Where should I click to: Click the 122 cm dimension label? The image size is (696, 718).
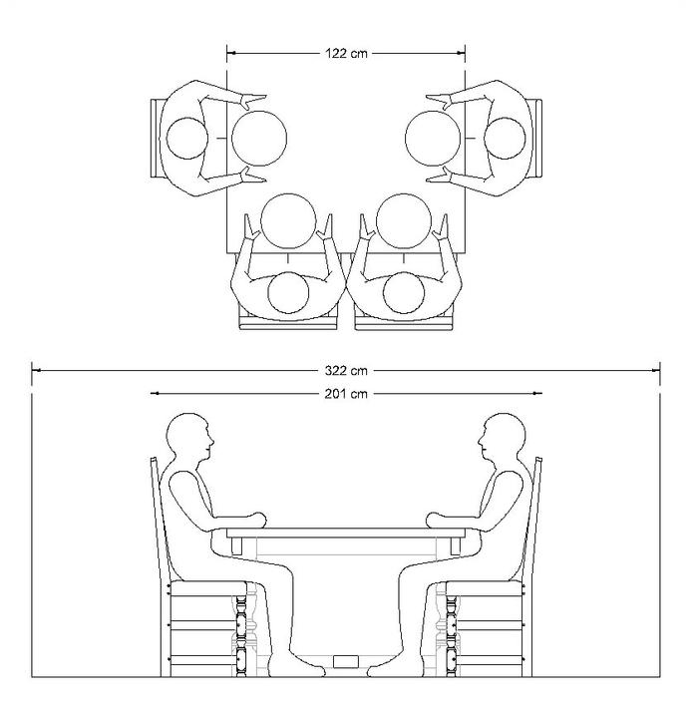click(346, 52)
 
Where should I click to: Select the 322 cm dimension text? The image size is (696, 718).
click(346, 370)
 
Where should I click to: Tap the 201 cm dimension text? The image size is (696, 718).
click(346, 394)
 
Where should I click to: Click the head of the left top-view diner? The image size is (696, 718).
click(186, 139)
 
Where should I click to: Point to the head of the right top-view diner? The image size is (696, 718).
click(507, 139)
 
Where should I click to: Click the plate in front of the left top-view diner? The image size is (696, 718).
click(259, 138)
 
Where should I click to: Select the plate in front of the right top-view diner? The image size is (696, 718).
click(433, 138)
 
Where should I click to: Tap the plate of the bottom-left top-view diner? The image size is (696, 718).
click(288, 220)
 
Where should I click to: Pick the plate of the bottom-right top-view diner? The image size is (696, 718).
click(404, 220)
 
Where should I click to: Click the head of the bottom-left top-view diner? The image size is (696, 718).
click(289, 293)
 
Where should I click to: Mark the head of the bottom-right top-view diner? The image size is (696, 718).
click(404, 293)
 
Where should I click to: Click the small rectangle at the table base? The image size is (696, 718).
click(346, 661)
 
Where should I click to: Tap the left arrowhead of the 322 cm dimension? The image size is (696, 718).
click(36, 370)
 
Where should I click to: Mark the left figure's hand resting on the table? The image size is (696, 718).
click(257, 519)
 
